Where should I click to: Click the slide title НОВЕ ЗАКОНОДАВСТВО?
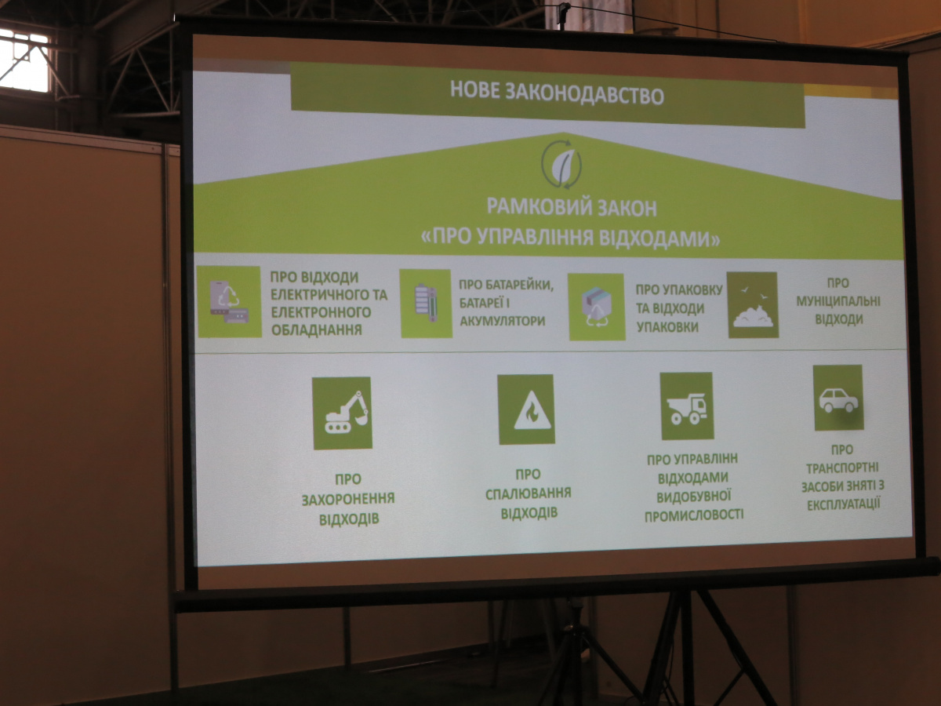[557, 94]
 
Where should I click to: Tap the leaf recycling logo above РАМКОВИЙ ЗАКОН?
[561, 164]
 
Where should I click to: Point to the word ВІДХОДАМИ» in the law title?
[659, 238]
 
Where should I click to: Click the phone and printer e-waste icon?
[229, 302]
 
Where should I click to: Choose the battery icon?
[426, 304]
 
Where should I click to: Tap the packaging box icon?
[596, 307]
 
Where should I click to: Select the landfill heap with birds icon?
[752, 305]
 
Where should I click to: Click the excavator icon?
[342, 413]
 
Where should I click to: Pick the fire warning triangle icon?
[526, 409]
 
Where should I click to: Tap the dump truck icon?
[687, 406]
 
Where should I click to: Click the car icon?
[838, 398]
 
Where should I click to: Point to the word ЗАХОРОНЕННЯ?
[348, 499]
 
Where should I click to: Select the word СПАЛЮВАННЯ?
[529, 493]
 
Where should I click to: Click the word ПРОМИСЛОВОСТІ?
[694, 515]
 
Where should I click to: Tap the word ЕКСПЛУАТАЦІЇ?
[844, 504]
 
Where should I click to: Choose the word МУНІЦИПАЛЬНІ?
[838, 301]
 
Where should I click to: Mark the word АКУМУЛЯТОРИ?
[503, 321]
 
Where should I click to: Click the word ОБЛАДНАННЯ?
[317, 329]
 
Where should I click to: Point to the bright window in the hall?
[24, 60]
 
